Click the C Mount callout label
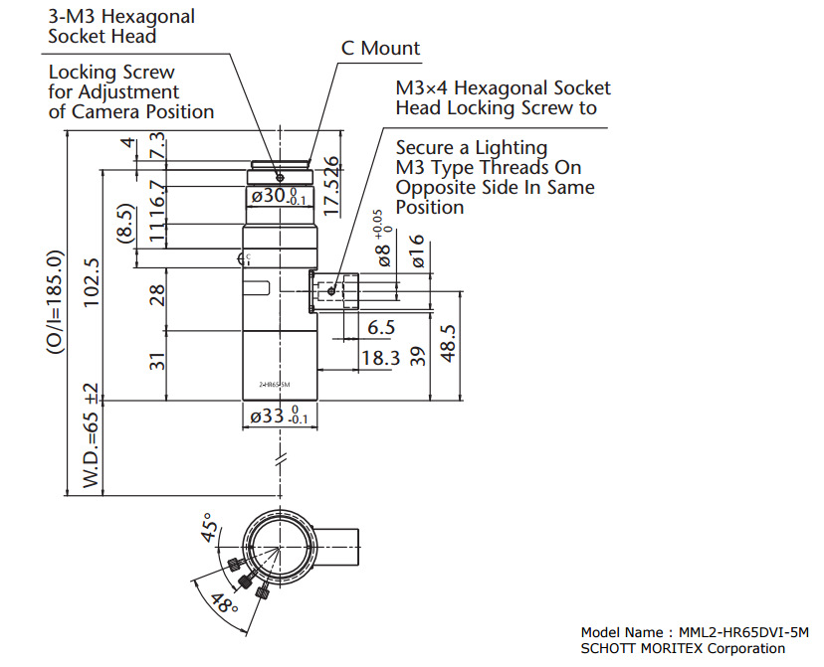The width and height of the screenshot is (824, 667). [380, 48]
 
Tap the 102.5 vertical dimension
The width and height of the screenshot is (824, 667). [93, 284]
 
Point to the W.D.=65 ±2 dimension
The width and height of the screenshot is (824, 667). [93, 435]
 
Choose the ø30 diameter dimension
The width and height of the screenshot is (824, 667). [279, 197]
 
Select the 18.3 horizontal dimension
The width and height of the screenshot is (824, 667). [380, 358]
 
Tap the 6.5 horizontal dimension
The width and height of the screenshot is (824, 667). [380, 327]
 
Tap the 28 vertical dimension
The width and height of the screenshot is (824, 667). [157, 294]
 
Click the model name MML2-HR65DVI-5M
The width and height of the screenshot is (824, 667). [742, 632]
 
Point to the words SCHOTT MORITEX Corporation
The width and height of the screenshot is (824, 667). [682, 648]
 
